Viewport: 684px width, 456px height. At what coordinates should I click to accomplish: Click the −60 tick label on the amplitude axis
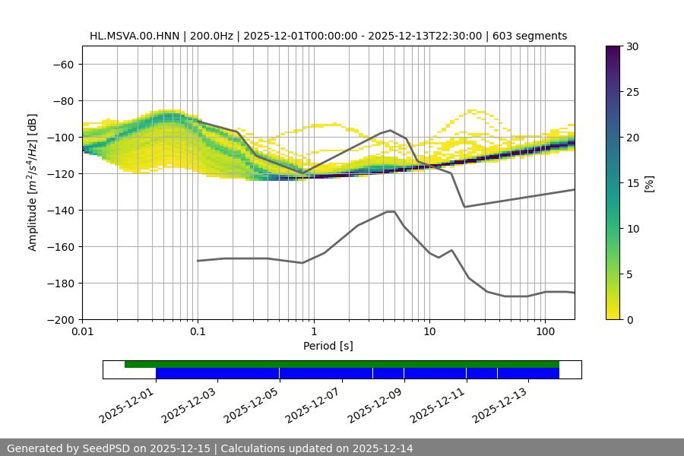coord(62,64)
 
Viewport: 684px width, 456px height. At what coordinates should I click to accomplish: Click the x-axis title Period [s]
coord(328,346)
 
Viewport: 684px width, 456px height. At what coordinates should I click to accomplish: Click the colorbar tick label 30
coord(632,46)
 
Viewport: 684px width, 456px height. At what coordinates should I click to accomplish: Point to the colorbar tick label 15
coord(632,183)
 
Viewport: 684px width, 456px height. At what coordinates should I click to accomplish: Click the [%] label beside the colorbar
coord(649,183)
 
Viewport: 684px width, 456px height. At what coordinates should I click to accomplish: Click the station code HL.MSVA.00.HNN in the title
coord(130,36)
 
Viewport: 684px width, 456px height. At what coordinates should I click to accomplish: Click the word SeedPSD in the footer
coord(106,448)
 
